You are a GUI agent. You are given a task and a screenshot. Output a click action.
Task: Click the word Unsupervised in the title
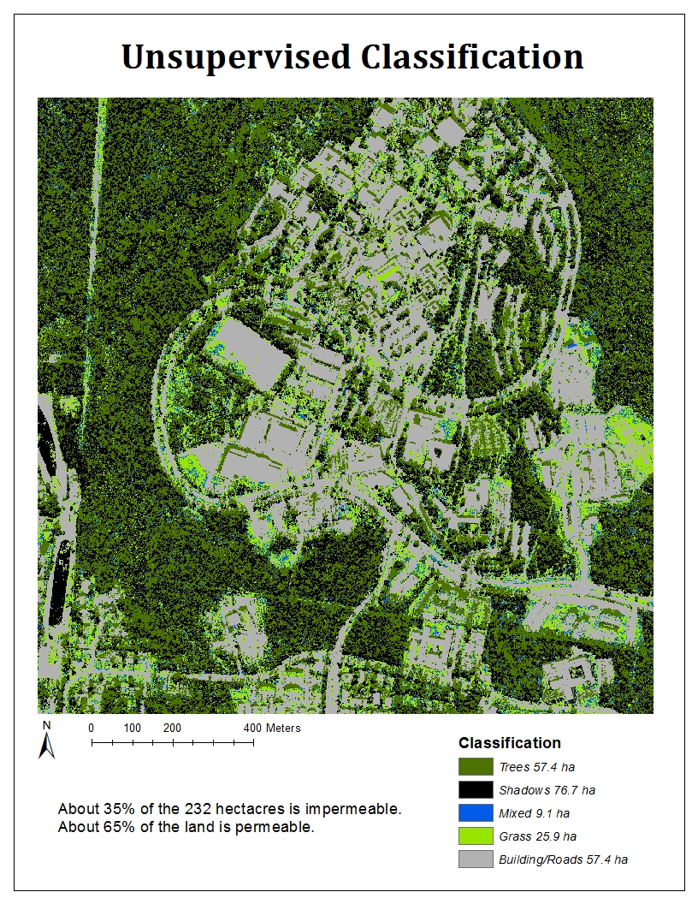coord(235,58)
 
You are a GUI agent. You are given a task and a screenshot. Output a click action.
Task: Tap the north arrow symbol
coord(47,740)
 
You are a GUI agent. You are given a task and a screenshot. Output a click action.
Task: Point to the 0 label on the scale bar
coord(92,728)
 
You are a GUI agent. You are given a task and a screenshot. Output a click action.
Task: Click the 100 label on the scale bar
coord(132,728)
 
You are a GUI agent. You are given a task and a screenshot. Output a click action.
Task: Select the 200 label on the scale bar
coord(173,728)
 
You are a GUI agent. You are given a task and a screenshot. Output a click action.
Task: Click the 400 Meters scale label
coord(272,728)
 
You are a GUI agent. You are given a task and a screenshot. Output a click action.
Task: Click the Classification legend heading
coord(510,743)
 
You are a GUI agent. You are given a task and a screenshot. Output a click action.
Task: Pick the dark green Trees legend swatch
coord(476,767)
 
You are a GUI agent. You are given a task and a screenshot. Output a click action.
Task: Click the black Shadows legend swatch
coord(476,790)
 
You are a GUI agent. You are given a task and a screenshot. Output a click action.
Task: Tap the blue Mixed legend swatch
coord(476,813)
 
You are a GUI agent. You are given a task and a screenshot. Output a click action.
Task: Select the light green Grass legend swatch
coord(476,836)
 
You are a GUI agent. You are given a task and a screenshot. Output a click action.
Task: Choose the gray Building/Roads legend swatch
coord(476,859)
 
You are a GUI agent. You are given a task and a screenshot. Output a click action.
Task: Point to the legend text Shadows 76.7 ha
coord(547,790)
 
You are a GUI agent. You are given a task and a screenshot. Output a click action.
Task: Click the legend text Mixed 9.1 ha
coord(535,813)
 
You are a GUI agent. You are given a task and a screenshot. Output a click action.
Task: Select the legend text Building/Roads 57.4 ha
coord(564,859)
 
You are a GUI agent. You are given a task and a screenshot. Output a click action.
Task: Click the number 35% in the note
coord(109,809)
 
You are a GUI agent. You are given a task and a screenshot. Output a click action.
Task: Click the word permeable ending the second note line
coord(280,827)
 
